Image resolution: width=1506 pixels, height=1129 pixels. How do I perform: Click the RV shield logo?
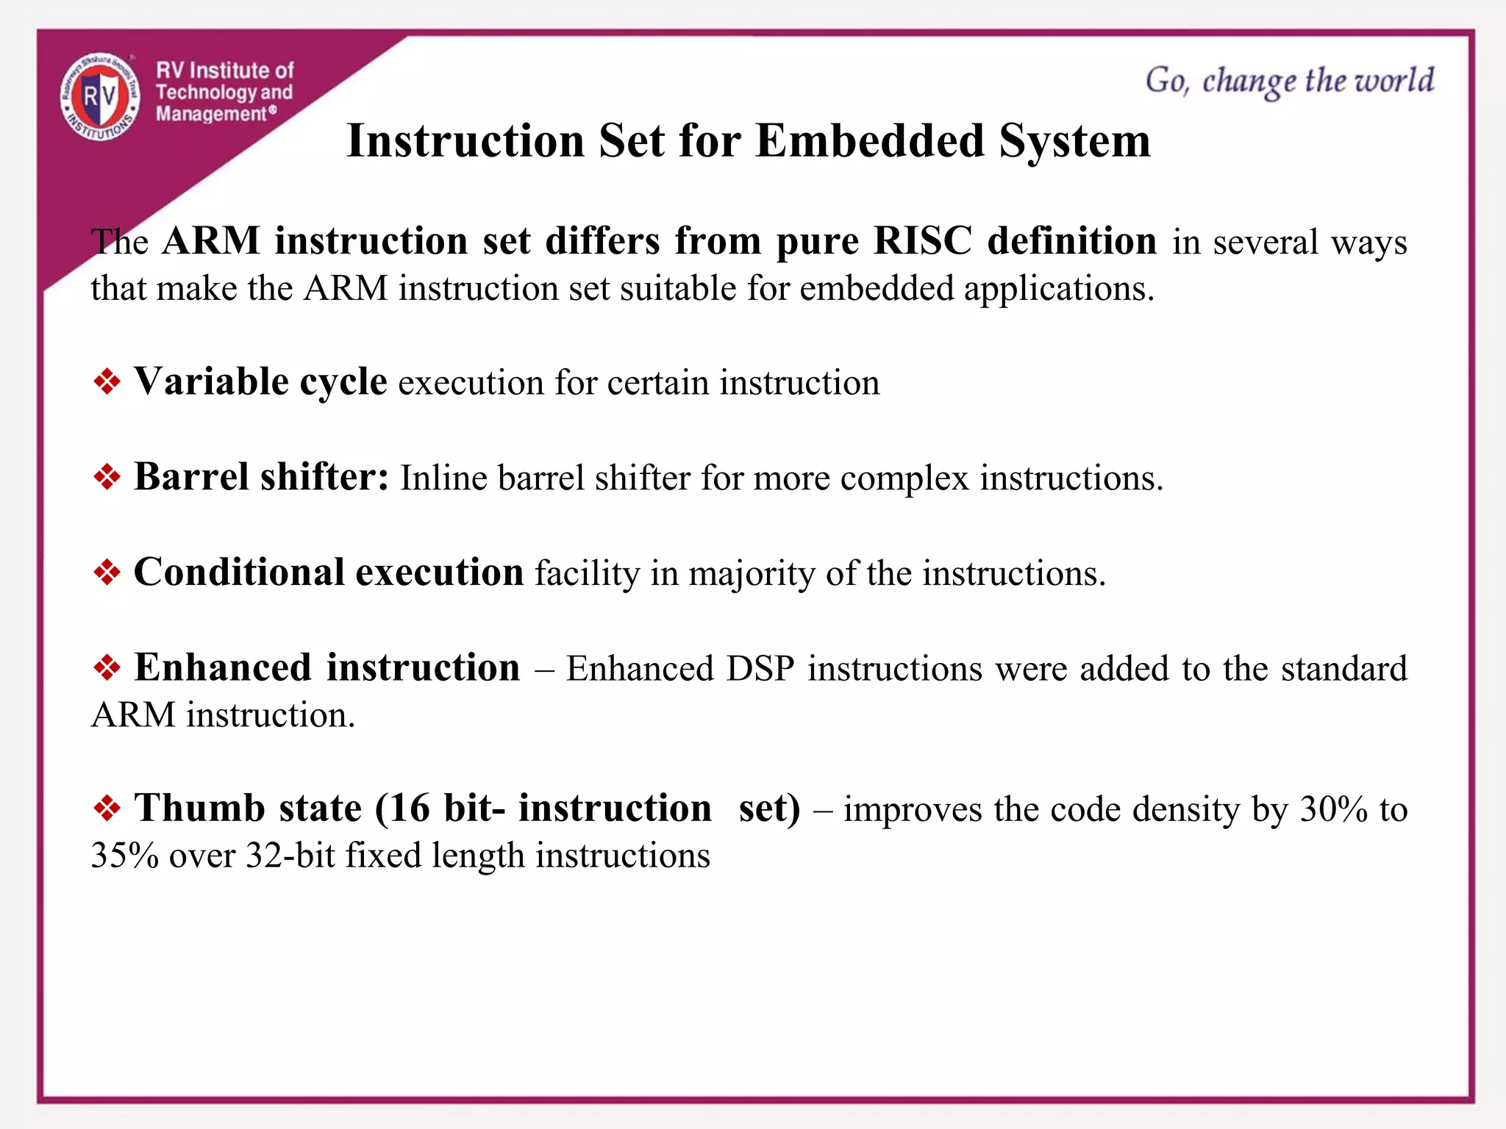point(100,97)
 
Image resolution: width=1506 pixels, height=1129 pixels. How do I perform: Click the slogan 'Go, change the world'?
point(1289,81)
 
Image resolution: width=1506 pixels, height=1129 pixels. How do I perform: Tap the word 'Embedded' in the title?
point(869,141)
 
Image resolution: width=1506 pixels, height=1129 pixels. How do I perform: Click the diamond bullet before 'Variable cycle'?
point(107,382)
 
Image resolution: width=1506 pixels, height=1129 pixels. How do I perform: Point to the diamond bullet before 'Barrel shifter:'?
point(107,478)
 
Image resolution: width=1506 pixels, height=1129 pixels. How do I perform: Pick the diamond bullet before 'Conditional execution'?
point(107,573)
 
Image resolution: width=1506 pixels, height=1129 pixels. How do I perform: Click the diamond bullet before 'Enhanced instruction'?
point(107,668)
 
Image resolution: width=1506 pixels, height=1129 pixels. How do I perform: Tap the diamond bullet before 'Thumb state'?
point(107,809)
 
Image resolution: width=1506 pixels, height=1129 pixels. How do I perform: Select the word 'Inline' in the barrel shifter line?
point(443,479)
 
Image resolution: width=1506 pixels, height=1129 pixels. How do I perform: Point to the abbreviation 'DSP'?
point(760,670)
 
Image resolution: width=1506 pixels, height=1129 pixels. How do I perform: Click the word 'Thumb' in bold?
point(199,809)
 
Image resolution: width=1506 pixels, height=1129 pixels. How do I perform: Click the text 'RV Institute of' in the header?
point(224,71)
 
